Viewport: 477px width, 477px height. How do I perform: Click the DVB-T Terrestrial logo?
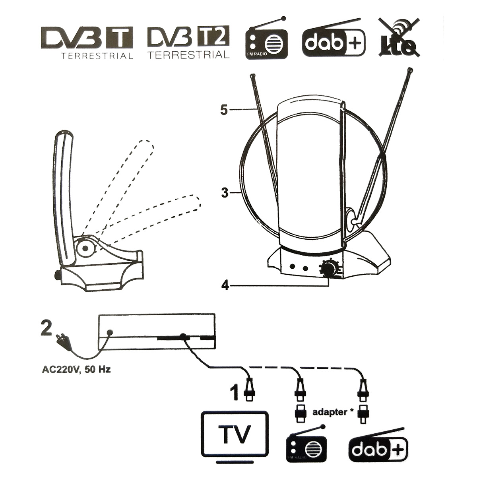coord(87,42)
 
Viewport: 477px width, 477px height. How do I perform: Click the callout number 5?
coord(225,110)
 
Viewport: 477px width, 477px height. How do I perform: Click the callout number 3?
coord(225,194)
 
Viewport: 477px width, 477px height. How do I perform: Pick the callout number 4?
coord(225,285)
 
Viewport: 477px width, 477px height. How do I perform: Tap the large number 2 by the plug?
coord(47,329)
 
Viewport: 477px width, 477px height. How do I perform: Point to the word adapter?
coord(329,412)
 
